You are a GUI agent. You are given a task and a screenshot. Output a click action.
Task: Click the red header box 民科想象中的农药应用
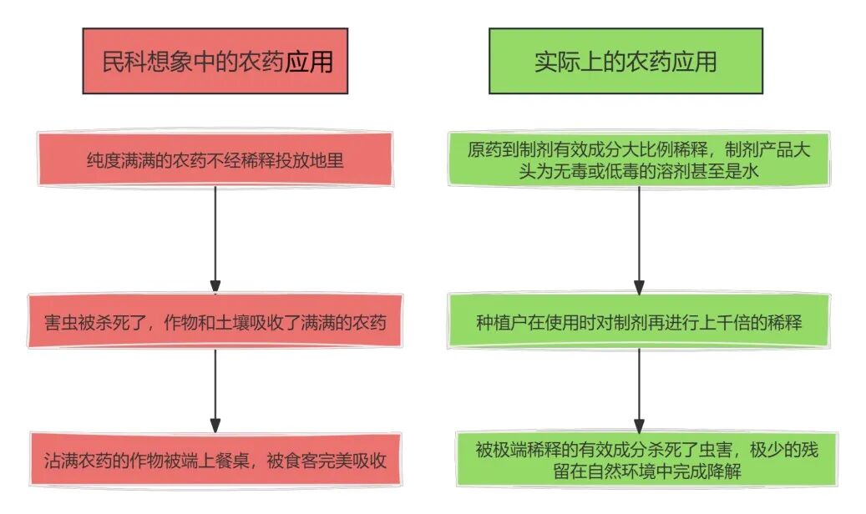[215, 61]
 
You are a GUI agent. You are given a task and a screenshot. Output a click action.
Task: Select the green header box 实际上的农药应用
[625, 61]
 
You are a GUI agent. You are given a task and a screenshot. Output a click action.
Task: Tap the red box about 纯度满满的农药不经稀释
[215, 159]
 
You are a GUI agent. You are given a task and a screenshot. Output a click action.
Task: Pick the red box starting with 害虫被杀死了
[215, 320]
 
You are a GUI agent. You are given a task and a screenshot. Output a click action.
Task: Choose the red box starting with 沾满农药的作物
[215, 460]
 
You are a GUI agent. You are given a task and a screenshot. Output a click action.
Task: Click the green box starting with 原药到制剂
[639, 159]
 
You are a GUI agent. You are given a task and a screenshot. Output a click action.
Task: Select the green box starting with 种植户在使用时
[639, 320]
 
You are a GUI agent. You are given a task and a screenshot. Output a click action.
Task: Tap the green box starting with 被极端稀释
[639, 460]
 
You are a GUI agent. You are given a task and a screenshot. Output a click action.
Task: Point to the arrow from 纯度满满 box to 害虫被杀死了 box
[215, 238]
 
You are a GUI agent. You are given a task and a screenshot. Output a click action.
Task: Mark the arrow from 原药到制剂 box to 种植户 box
[639, 238]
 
